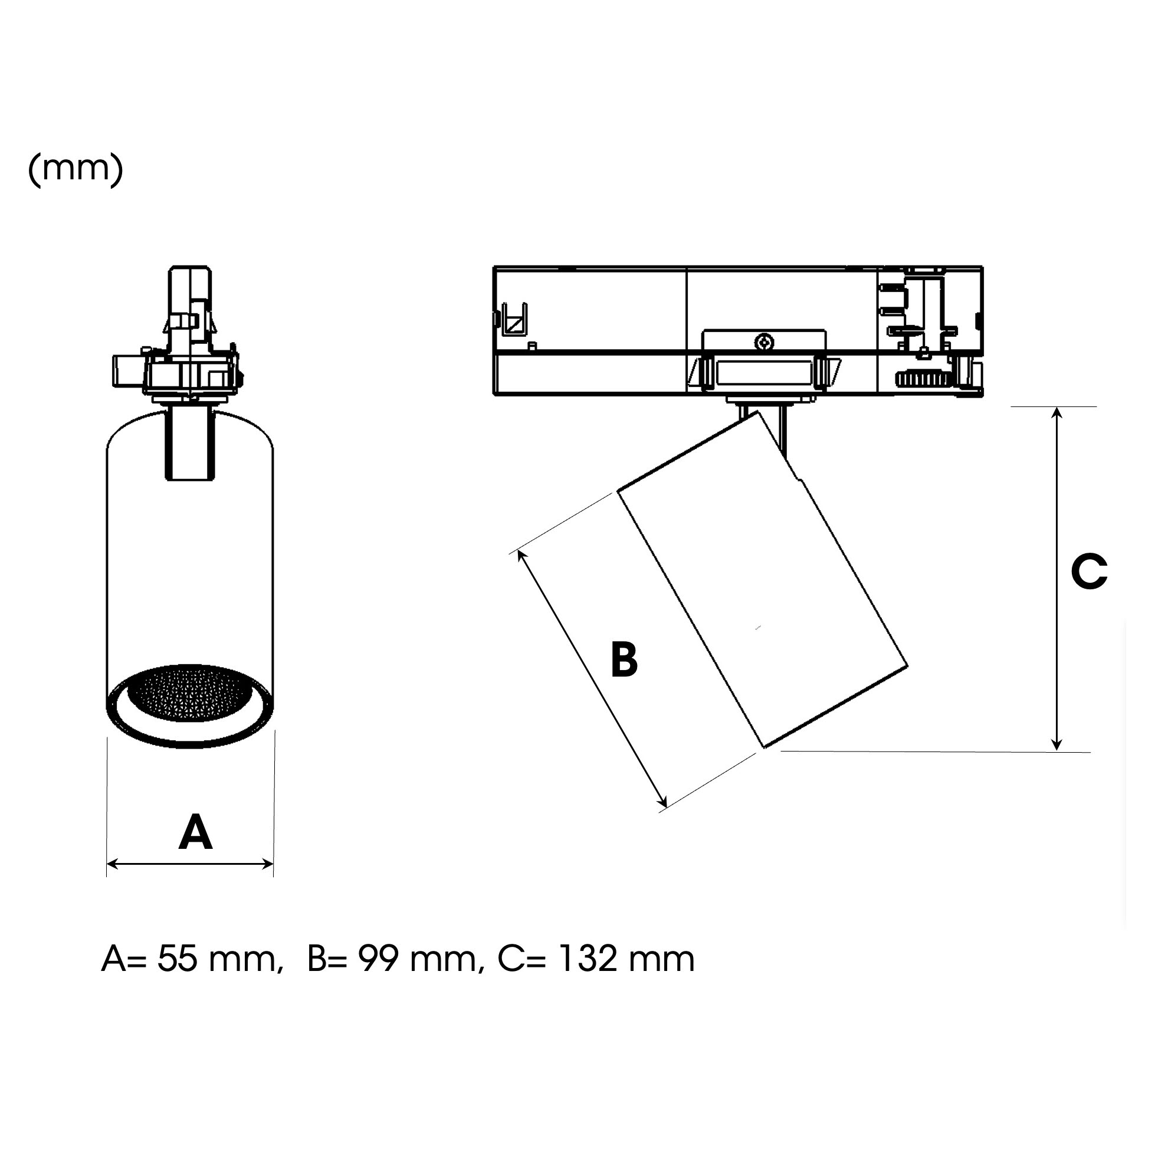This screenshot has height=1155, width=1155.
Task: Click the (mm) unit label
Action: tap(76, 170)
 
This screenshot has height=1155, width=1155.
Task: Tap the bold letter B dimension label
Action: tap(624, 659)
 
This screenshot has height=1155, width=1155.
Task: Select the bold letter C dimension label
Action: tap(1090, 572)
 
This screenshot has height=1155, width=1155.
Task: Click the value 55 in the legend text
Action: tap(178, 960)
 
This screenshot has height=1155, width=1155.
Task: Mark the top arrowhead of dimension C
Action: tap(1057, 413)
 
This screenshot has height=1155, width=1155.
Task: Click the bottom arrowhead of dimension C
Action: tap(1057, 745)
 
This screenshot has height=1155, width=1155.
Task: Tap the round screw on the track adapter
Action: tap(763, 343)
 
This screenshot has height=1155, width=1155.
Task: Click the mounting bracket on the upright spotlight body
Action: tap(189, 442)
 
